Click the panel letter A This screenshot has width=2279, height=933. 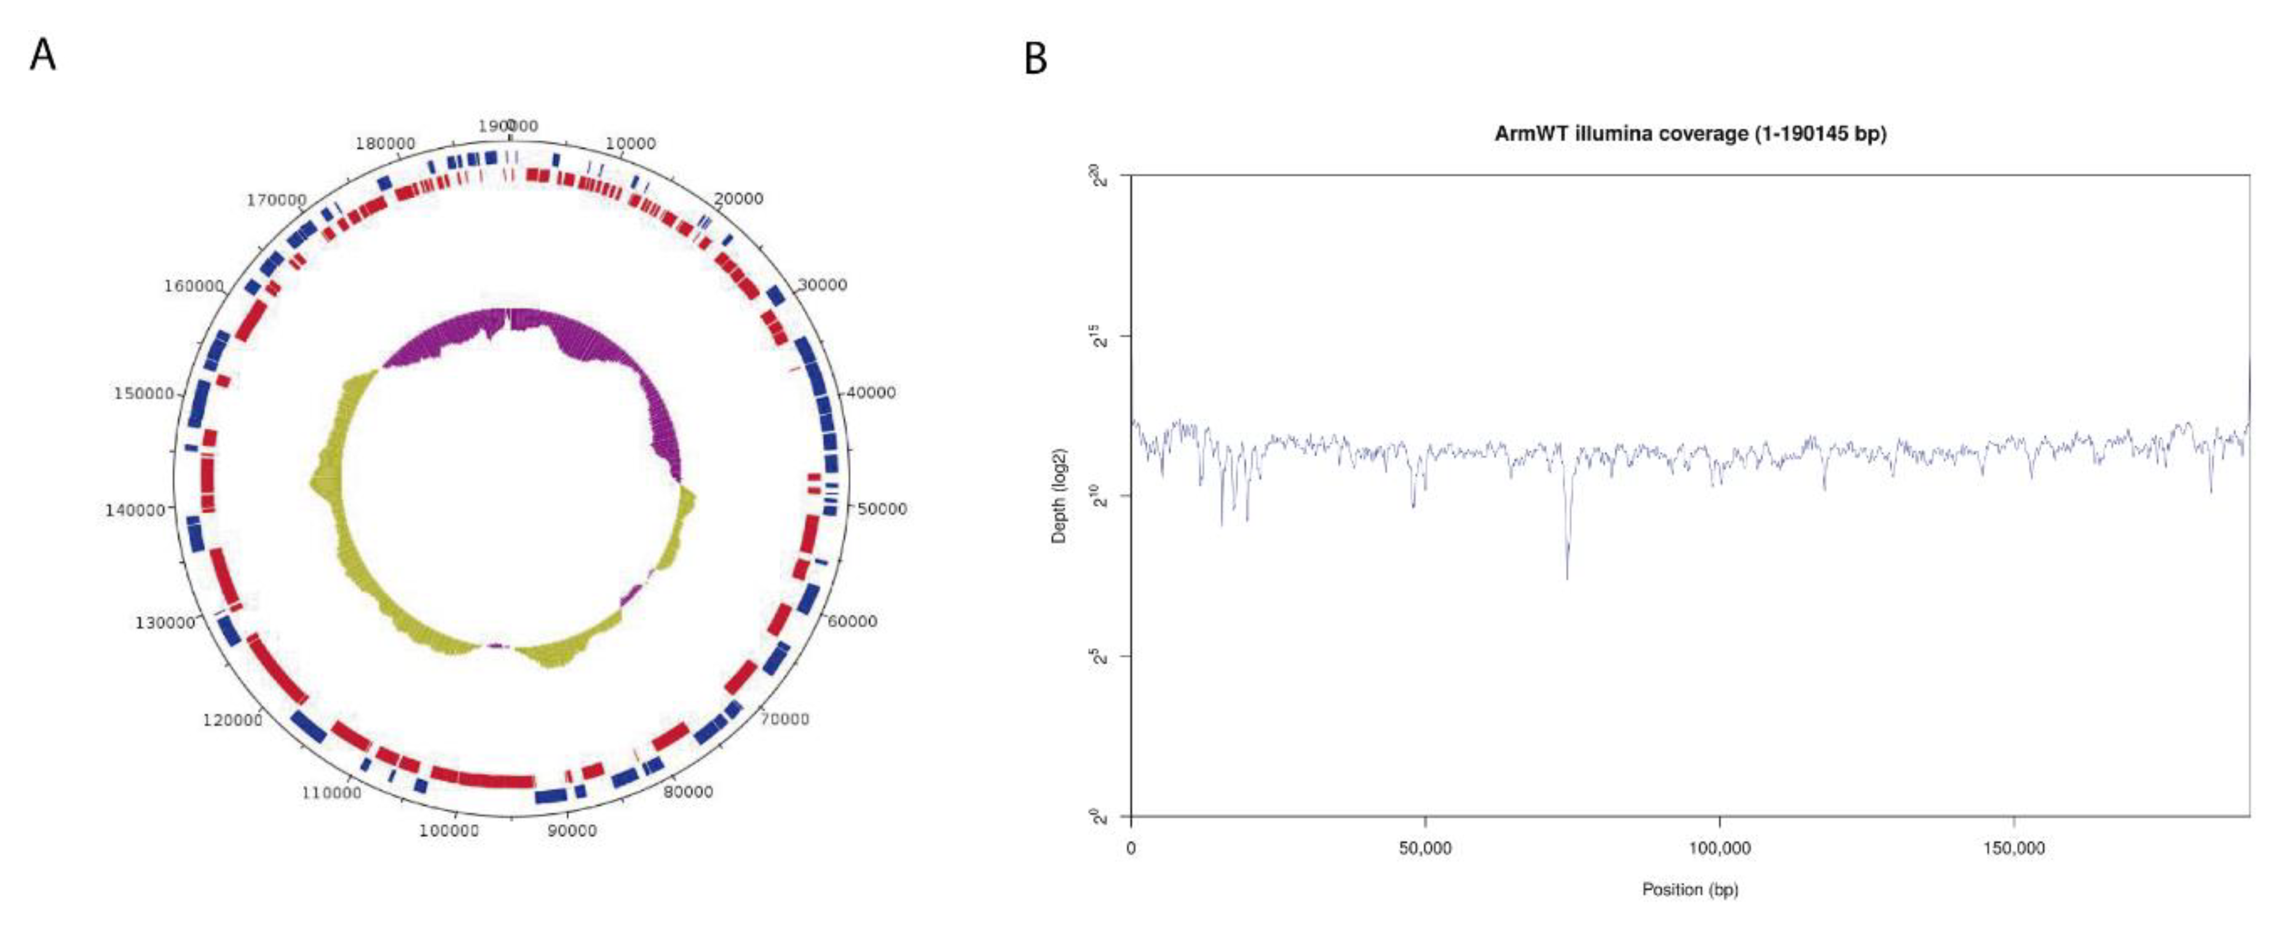[x=42, y=55]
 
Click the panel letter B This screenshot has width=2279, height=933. [x=1035, y=59]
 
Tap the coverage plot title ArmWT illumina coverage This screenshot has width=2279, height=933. [x=1690, y=133]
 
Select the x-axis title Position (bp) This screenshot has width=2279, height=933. [x=1690, y=889]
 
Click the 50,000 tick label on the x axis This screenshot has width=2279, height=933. [x=1425, y=848]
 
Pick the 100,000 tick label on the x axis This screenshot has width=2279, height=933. [x=1719, y=848]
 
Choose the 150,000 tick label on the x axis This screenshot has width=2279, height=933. [x=2013, y=848]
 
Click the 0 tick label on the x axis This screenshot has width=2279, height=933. [x=1132, y=848]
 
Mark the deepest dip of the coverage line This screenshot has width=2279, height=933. [x=1567, y=577]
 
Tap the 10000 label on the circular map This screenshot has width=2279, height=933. [x=631, y=143]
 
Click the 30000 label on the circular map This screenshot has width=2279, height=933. [x=822, y=285]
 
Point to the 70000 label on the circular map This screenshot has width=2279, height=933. [x=784, y=719]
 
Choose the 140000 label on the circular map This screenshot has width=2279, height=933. [x=135, y=510]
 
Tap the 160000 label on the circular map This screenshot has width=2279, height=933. [x=194, y=286]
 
